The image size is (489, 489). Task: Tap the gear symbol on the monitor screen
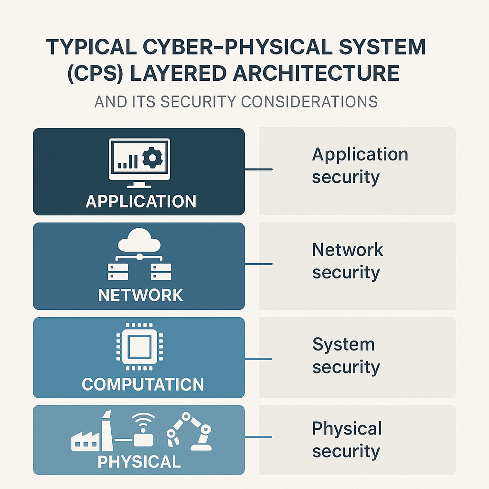[x=152, y=158]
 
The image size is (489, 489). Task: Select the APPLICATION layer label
[x=141, y=201]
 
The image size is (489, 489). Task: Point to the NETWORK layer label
[x=140, y=295]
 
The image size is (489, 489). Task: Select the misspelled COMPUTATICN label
[x=142, y=384]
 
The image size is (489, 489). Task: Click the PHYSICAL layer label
[x=139, y=462]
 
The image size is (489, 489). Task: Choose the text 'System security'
[x=346, y=355]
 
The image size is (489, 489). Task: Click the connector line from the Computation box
[x=258, y=358]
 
